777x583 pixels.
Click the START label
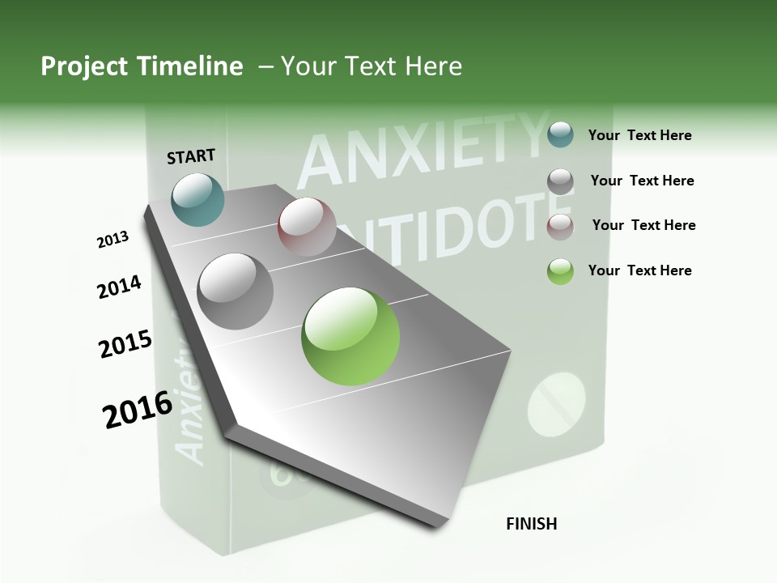click(191, 156)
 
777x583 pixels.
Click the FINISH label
click(531, 524)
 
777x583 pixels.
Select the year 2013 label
click(113, 240)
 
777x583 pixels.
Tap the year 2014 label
click(119, 287)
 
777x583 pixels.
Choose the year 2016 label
click(138, 409)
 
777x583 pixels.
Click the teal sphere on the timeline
click(198, 199)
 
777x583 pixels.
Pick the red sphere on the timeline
click(307, 227)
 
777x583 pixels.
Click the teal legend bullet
click(560, 134)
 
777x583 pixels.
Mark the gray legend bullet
click(560, 181)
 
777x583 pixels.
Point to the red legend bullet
click(560, 226)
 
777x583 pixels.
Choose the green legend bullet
click(560, 271)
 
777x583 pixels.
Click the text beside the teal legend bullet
click(639, 135)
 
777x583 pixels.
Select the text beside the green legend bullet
click(639, 270)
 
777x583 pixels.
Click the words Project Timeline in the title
click(142, 66)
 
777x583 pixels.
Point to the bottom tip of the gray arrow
click(437, 525)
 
